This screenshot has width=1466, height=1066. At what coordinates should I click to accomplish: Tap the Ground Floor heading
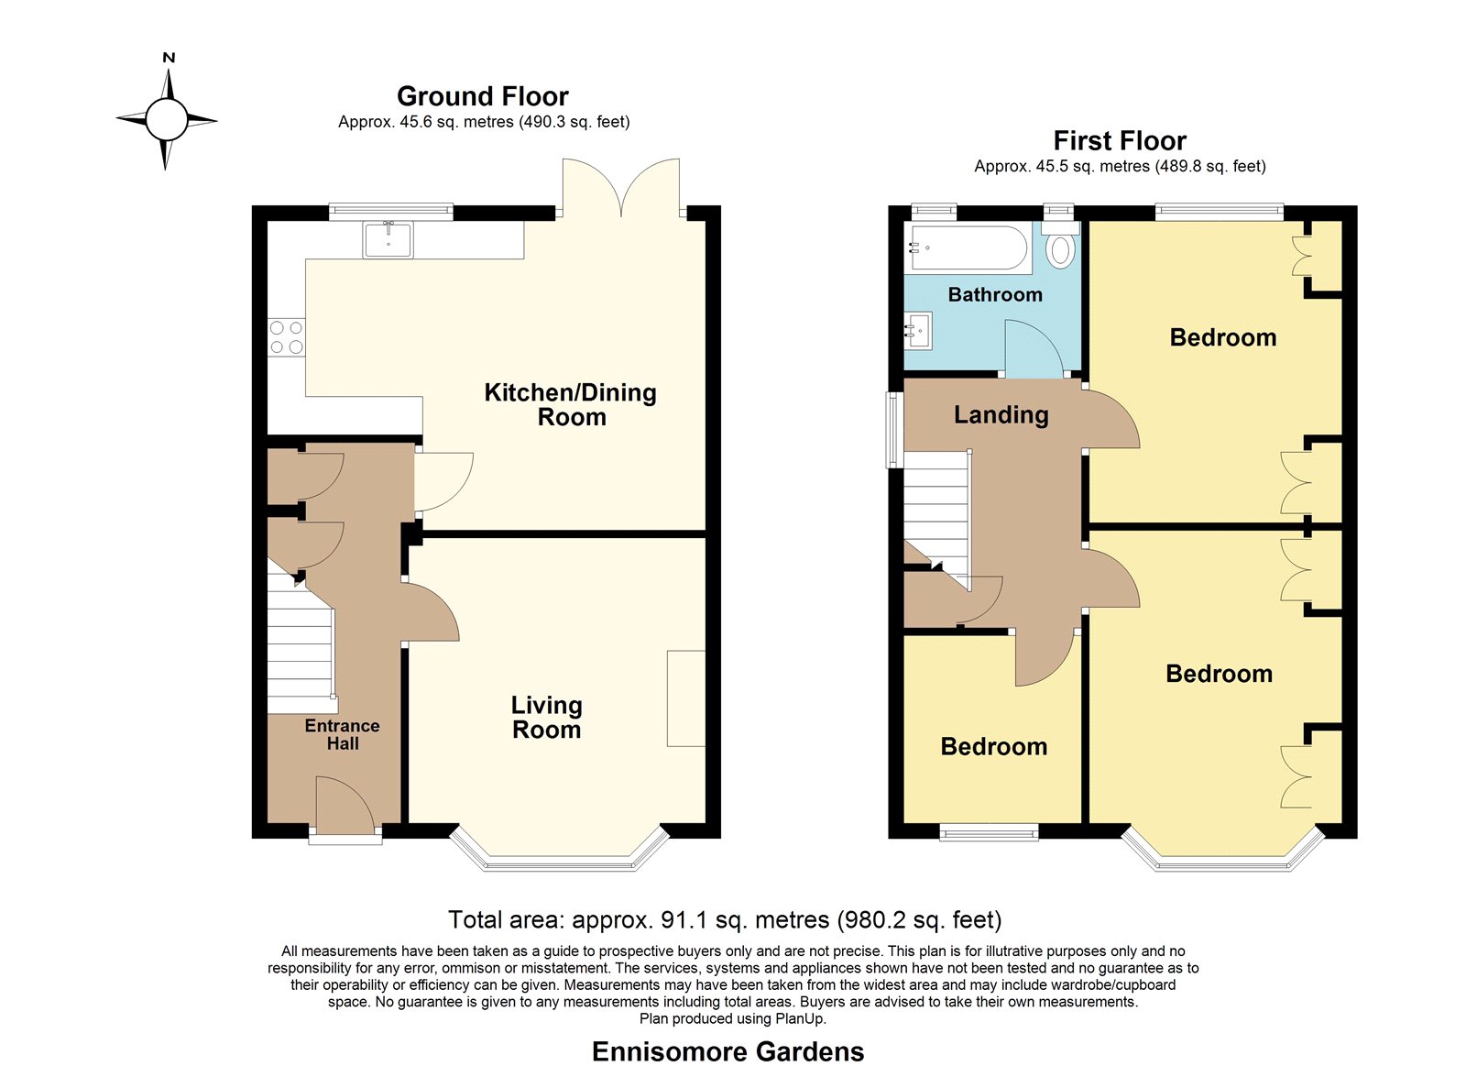click(482, 96)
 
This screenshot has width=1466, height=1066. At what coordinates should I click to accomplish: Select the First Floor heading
click(1119, 141)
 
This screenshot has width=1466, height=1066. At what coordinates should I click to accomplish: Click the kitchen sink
click(388, 239)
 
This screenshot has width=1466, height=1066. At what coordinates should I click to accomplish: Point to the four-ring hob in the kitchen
click(287, 337)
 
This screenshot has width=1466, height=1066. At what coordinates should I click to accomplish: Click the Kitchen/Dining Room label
click(570, 404)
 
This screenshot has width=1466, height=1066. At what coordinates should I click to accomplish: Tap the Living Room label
click(546, 718)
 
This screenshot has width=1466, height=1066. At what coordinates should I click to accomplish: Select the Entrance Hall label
click(343, 735)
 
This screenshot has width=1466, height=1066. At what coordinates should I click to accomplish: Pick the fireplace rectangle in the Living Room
click(686, 698)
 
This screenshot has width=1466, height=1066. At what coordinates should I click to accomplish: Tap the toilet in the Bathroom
click(1060, 244)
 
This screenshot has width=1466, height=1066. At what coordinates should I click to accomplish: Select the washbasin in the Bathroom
click(918, 331)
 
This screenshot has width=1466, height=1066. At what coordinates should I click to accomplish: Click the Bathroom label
click(995, 294)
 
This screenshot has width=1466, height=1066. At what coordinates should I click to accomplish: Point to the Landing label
click(1001, 415)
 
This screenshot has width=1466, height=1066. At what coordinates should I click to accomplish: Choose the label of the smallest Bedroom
click(993, 747)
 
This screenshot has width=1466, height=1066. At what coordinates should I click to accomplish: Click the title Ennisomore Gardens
click(728, 1051)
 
